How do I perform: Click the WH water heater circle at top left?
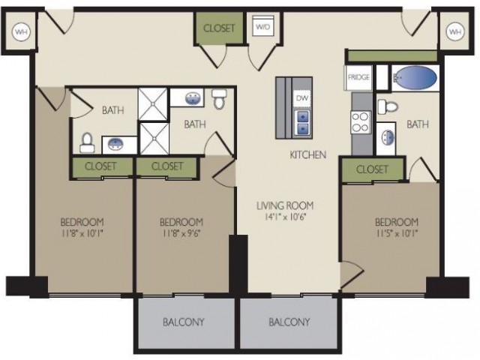(21, 31)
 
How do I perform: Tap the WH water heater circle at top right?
(455, 31)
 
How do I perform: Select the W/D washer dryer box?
(263, 27)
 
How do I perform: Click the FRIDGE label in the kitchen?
(358, 77)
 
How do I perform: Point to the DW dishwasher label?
(302, 98)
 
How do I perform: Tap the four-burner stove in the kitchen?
(361, 122)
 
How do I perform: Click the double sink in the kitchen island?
(303, 122)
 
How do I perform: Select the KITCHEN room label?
(308, 155)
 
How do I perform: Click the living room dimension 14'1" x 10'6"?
(286, 217)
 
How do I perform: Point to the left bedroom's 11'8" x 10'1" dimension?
(82, 233)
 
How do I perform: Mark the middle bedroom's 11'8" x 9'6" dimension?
(181, 233)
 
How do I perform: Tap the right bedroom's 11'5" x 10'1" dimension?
(397, 233)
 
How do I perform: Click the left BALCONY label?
(183, 322)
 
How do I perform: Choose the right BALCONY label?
(289, 322)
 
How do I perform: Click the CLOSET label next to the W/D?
(219, 28)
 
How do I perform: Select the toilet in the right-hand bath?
(387, 106)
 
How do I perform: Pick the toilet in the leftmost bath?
(87, 142)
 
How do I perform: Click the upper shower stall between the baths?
(153, 103)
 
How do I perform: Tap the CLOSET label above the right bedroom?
(372, 169)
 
